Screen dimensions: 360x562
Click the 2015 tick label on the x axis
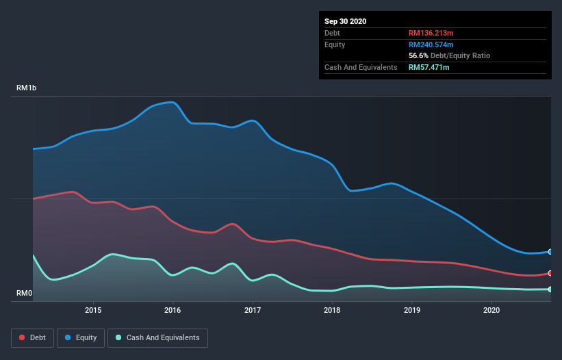tap(93, 311)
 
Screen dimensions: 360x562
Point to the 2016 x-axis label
tap(173, 311)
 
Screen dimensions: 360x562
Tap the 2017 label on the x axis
tap(253, 311)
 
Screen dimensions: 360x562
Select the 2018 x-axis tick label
tap(332, 311)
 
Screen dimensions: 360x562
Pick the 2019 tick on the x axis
tap(412, 311)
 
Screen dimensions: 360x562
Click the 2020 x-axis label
tap(491, 311)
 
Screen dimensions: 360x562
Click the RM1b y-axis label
tap(27, 88)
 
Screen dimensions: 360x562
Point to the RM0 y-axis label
tap(25, 294)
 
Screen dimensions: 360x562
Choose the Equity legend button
tap(81, 337)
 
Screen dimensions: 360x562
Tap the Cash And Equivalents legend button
tap(157, 337)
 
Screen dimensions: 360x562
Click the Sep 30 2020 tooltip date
tap(346, 21)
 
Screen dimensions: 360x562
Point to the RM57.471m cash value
tap(429, 67)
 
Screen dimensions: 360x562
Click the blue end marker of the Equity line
tap(550, 252)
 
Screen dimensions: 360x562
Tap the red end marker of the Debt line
tap(550, 273)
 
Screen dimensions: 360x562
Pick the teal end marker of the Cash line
tap(550, 290)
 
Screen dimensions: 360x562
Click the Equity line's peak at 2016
tap(174, 103)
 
